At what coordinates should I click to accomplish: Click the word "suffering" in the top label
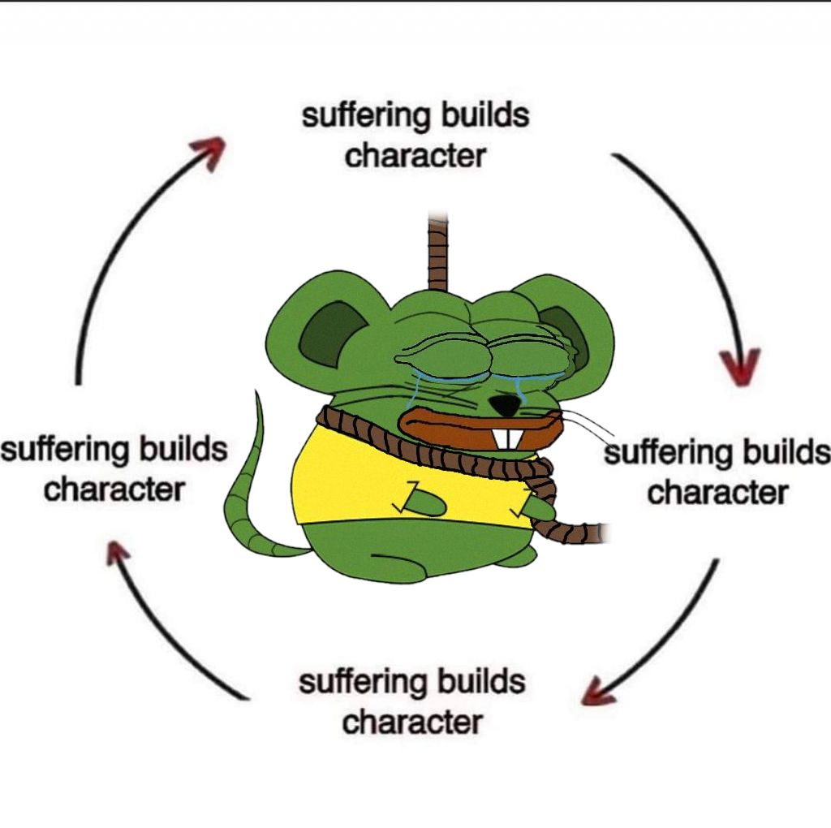coord(367,115)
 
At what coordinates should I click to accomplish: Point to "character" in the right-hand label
coord(717,492)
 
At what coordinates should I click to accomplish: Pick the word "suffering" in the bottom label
coord(364,681)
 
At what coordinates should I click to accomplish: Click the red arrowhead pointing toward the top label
coord(208,153)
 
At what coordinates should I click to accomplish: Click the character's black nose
coord(507,403)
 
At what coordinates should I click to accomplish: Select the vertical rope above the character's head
coord(438,252)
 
